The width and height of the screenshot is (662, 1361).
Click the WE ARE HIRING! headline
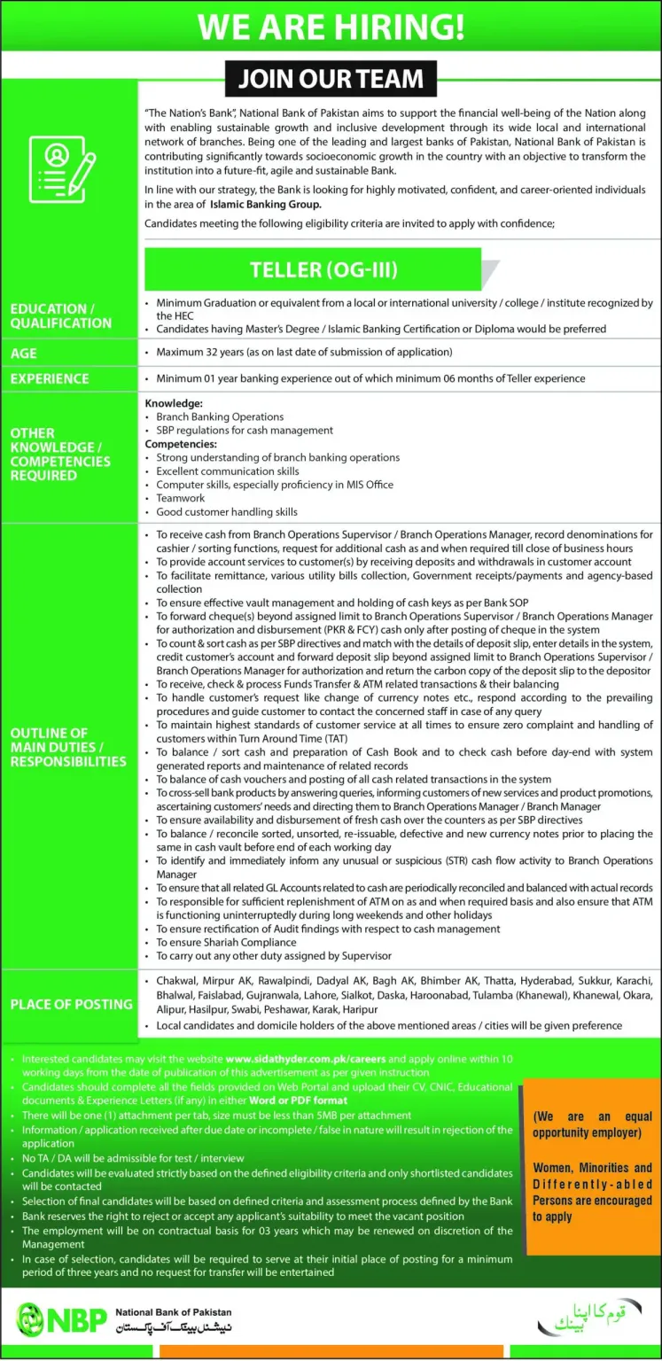331,26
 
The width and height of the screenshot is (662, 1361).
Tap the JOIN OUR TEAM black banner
331,79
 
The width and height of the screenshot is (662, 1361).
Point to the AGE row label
24,353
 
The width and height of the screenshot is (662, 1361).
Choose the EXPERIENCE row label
50,378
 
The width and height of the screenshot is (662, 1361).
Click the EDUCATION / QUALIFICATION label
60,315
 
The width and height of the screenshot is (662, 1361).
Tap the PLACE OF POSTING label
71,1004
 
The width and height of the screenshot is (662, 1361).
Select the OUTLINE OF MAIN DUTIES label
67,747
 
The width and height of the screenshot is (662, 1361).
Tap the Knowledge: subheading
174,403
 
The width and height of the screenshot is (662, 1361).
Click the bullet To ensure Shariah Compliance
226,942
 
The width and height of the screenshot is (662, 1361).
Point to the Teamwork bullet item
180,498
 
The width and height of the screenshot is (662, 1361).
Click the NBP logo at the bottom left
62,1319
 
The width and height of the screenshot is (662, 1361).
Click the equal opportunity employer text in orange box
592,1124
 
